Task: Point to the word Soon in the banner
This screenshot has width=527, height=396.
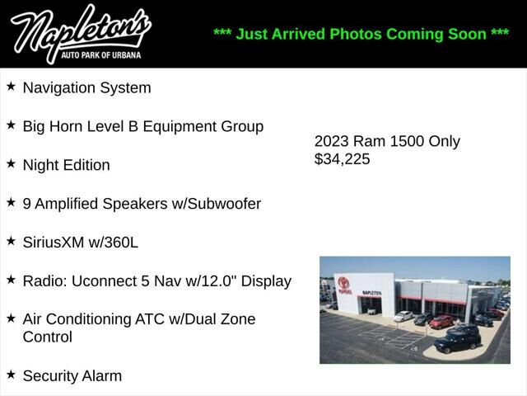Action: pos(465,34)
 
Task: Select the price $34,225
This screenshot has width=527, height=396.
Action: pos(343,159)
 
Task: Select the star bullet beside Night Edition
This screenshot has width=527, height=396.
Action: pos(11,163)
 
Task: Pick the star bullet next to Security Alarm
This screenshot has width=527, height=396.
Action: pos(11,375)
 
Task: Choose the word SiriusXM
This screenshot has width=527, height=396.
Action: pos(54,243)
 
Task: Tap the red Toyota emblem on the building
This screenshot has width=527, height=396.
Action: pos(343,283)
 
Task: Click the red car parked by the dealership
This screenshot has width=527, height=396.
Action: pos(441,321)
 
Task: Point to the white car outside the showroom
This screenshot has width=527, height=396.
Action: pos(403,316)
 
